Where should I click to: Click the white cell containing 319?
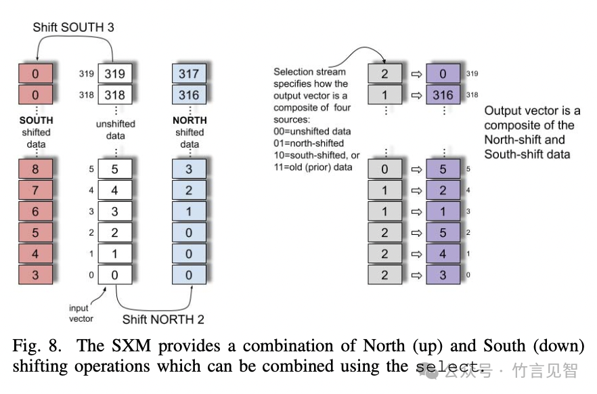point(114,73)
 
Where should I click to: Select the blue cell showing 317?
point(189,73)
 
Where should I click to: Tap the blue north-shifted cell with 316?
point(189,95)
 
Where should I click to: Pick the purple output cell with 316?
point(443,95)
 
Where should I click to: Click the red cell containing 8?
point(35,169)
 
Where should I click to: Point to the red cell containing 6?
point(35,212)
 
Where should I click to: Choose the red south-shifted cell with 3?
point(35,275)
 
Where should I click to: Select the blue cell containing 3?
point(189,169)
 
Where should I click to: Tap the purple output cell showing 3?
point(443,275)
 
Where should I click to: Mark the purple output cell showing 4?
point(443,254)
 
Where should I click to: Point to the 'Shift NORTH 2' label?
point(163,319)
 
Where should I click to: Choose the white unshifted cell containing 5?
point(114,169)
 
